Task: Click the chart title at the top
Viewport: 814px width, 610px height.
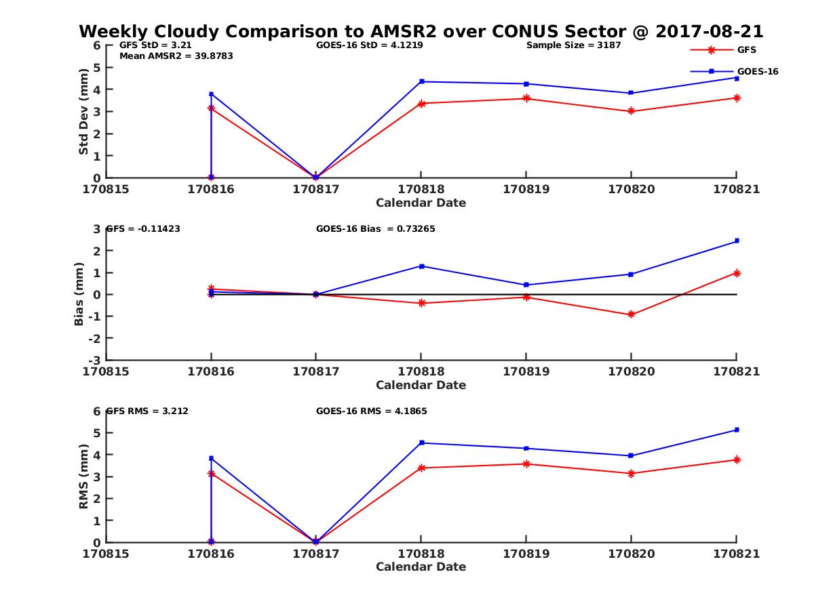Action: point(421,32)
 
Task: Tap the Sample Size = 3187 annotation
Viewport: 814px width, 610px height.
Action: point(573,45)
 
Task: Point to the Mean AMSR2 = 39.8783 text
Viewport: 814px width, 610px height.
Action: point(176,56)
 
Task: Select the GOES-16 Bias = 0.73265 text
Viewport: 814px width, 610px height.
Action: point(375,229)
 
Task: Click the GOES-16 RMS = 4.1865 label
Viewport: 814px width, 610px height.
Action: point(371,411)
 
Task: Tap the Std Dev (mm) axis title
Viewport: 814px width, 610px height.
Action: point(83,112)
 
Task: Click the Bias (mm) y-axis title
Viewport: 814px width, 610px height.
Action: point(79,294)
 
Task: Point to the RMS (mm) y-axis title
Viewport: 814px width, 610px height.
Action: point(83,476)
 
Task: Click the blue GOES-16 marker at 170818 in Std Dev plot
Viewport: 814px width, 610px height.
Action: point(421,81)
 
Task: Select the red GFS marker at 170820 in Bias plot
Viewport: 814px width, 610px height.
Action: point(631,314)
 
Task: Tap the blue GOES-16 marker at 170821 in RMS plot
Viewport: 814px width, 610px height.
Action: point(737,430)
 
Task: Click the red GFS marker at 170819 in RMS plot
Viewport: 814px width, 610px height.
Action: point(526,464)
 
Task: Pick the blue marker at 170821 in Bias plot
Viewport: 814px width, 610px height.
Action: point(737,241)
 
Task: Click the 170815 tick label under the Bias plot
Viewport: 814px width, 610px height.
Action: point(106,371)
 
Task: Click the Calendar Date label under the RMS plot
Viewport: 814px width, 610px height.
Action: point(421,567)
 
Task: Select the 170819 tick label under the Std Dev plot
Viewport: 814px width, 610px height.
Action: point(526,190)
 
